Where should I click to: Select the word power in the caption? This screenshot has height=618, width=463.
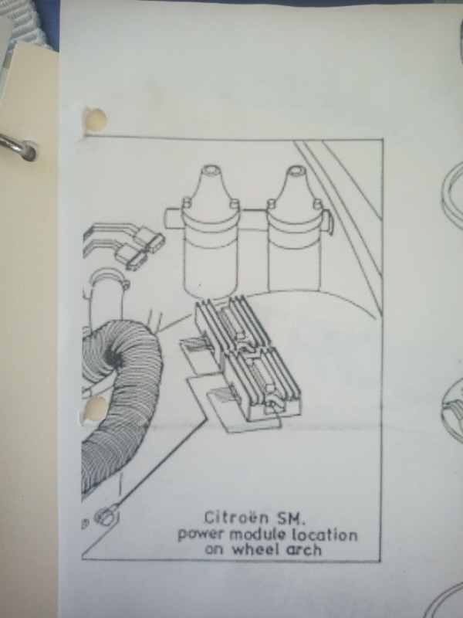pos(201,535)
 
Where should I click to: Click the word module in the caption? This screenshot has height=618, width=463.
pos(258,535)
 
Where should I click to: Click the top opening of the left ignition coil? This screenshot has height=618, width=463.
pos(211,170)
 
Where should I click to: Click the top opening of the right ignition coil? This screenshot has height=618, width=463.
pos(296,170)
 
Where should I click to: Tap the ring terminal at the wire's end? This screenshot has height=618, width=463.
pos(106,515)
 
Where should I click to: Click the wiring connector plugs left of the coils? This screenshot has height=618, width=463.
pos(140,247)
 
